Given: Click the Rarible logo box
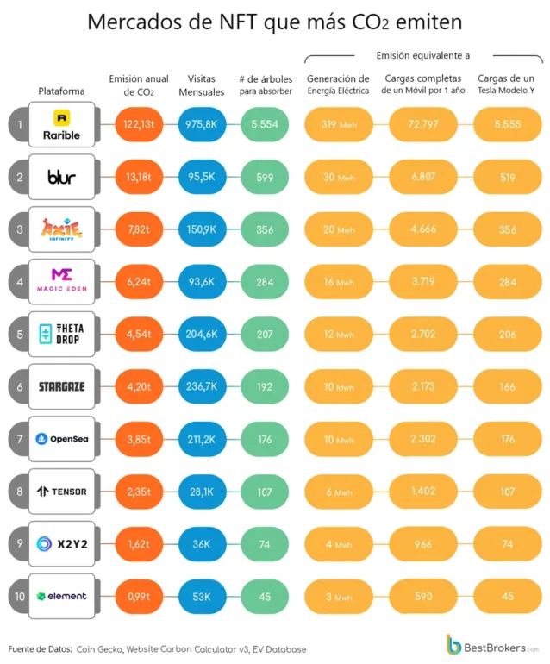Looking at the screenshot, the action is pos(62,124).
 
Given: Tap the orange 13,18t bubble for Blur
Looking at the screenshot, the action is pos(139,177).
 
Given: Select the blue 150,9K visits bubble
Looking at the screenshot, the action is pos(202,229).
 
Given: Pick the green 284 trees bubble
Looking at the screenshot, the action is pos(265,282).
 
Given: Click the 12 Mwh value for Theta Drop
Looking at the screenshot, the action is pos(339,334).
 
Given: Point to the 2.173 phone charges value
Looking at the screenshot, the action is pos(423,386).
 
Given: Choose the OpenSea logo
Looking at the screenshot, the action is pos(62,439).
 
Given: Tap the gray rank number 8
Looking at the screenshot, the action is pos(20,492).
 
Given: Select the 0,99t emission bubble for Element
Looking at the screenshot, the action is pos(139,597).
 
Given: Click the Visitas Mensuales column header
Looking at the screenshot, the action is pos(202,85).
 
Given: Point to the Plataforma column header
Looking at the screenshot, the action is pos(61,91).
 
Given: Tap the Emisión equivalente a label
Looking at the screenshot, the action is pos(423,55).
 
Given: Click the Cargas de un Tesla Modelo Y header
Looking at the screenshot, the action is pos(506,84).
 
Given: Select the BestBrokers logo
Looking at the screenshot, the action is pos(493,645).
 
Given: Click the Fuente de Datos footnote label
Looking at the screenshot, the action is pos(41,649).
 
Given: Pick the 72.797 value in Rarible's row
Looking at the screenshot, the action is pos(423,124).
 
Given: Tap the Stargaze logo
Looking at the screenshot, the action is pos(62,386).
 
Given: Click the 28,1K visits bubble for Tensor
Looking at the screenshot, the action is pos(202,492).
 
